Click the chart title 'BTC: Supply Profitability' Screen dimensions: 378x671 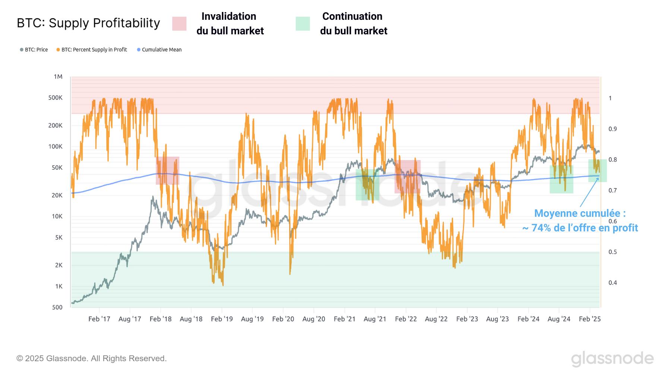pyautogui.click(x=88, y=23)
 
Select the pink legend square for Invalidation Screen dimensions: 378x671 pyautogui.click(x=179, y=24)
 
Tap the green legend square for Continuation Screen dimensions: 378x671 pyautogui.click(x=303, y=24)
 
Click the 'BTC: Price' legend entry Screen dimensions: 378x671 pyautogui.click(x=34, y=50)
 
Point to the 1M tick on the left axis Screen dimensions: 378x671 pyautogui.click(x=58, y=76)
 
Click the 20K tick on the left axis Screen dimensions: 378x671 pyautogui.click(x=57, y=195)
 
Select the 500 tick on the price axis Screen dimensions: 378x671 pyautogui.click(x=57, y=307)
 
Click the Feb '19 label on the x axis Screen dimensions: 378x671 pyautogui.click(x=222, y=319)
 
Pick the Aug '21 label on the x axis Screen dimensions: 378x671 pyautogui.click(x=375, y=319)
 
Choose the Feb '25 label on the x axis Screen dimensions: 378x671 pyautogui.click(x=590, y=319)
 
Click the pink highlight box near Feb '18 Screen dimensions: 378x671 pyautogui.click(x=167, y=171)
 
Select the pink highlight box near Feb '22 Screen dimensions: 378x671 pyautogui.click(x=407, y=176)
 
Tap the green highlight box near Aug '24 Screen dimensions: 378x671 pyautogui.click(x=561, y=179)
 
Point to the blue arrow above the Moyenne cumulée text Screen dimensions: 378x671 pyautogui.click(x=589, y=192)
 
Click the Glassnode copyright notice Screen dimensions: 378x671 pyautogui.click(x=91, y=358)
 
